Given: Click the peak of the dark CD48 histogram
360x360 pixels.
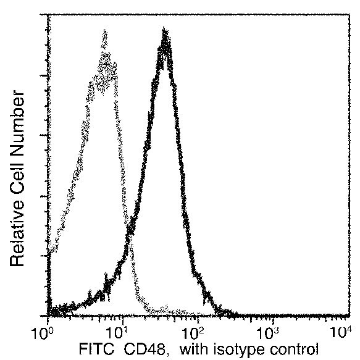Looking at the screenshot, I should [164, 31].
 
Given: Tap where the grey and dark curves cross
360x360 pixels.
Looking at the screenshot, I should [131, 233].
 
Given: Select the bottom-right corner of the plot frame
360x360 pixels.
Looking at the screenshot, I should [348, 317].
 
